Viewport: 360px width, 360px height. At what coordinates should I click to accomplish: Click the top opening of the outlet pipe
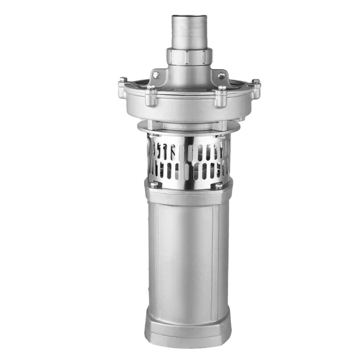pyautogui.click(x=189, y=17)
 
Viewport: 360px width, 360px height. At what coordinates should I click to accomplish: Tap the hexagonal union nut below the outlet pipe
pyautogui.click(x=189, y=56)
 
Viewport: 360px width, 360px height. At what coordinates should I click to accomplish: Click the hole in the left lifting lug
pyautogui.click(x=156, y=75)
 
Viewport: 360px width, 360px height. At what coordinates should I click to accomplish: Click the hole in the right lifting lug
pyautogui.click(x=221, y=76)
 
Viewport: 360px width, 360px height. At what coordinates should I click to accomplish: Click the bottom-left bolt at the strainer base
pyautogui.click(x=154, y=185)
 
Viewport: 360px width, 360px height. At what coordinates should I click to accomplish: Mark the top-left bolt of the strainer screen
pyautogui.click(x=153, y=138)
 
